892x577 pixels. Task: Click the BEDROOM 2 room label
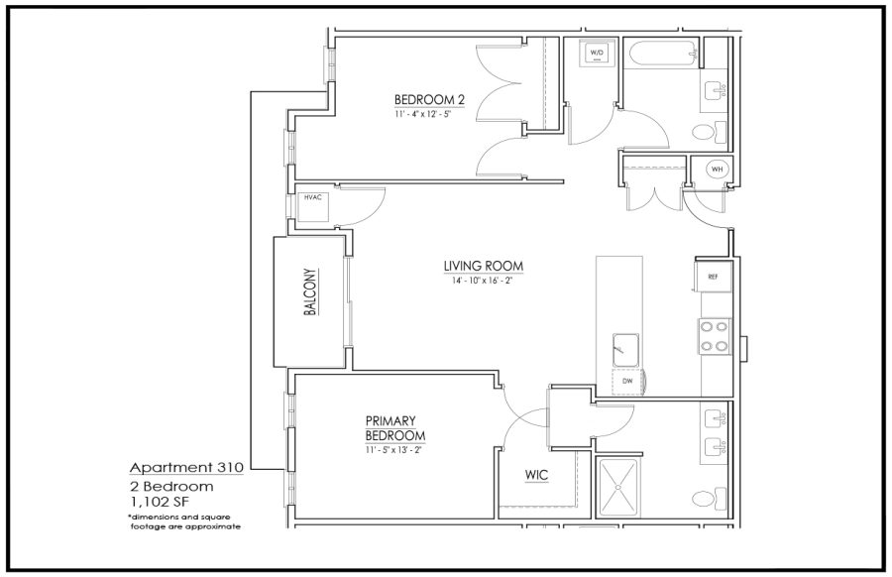(429, 99)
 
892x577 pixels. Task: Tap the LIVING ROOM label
(484, 266)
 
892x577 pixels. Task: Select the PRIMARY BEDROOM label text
(395, 428)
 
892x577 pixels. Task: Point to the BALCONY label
(310, 291)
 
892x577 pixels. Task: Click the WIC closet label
(536, 475)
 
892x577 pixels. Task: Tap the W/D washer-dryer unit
(597, 54)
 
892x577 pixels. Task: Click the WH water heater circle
(718, 169)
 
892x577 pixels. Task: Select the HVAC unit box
(313, 206)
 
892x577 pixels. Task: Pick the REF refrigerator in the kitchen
(713, 276)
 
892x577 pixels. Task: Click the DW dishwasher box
(627, 382)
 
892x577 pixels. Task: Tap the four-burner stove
(715, 336)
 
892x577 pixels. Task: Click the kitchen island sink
(625, 350)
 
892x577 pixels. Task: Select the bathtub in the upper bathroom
(661, 54)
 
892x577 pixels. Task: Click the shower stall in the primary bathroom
(619, 487)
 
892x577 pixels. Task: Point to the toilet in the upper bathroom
(710, 133)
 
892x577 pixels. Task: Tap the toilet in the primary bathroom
(710, 499)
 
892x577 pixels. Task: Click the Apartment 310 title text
(186, 468)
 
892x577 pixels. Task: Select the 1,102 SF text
(160, 502)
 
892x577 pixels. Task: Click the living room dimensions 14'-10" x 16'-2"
(484, 280)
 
